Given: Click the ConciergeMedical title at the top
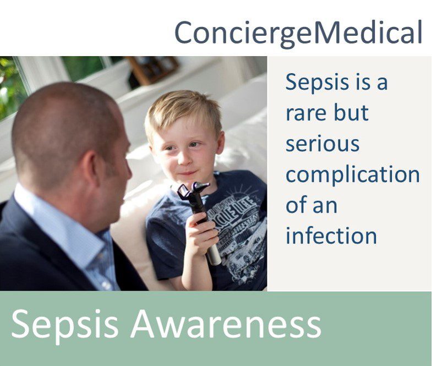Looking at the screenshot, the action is point(298,33).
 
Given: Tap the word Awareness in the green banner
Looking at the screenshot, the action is point(226,324).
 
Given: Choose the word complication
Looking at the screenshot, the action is point(353,176).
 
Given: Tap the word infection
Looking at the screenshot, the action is point(331,236).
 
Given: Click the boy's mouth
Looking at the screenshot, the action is point(188,173).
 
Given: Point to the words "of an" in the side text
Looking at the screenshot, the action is point(311,205).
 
